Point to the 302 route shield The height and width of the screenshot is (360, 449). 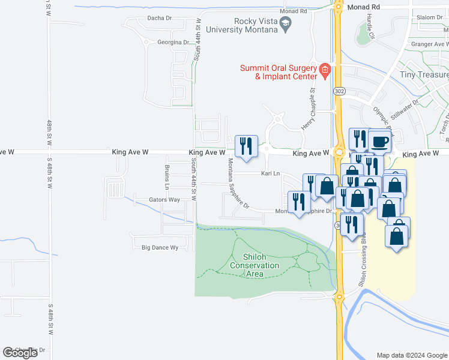click(x=340, y=91)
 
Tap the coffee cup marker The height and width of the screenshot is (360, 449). click(x=379, y=142)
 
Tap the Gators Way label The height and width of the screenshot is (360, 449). click(x=164, y=200)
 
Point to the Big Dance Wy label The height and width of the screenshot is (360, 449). click(x=160, y=247)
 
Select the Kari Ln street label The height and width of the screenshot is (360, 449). click(x=271, y=173)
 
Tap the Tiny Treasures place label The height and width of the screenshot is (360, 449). click(x=424, y=75)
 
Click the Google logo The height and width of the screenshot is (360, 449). click(x=20, y=353)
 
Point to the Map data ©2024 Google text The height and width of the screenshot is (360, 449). click(x=411, y=355)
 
